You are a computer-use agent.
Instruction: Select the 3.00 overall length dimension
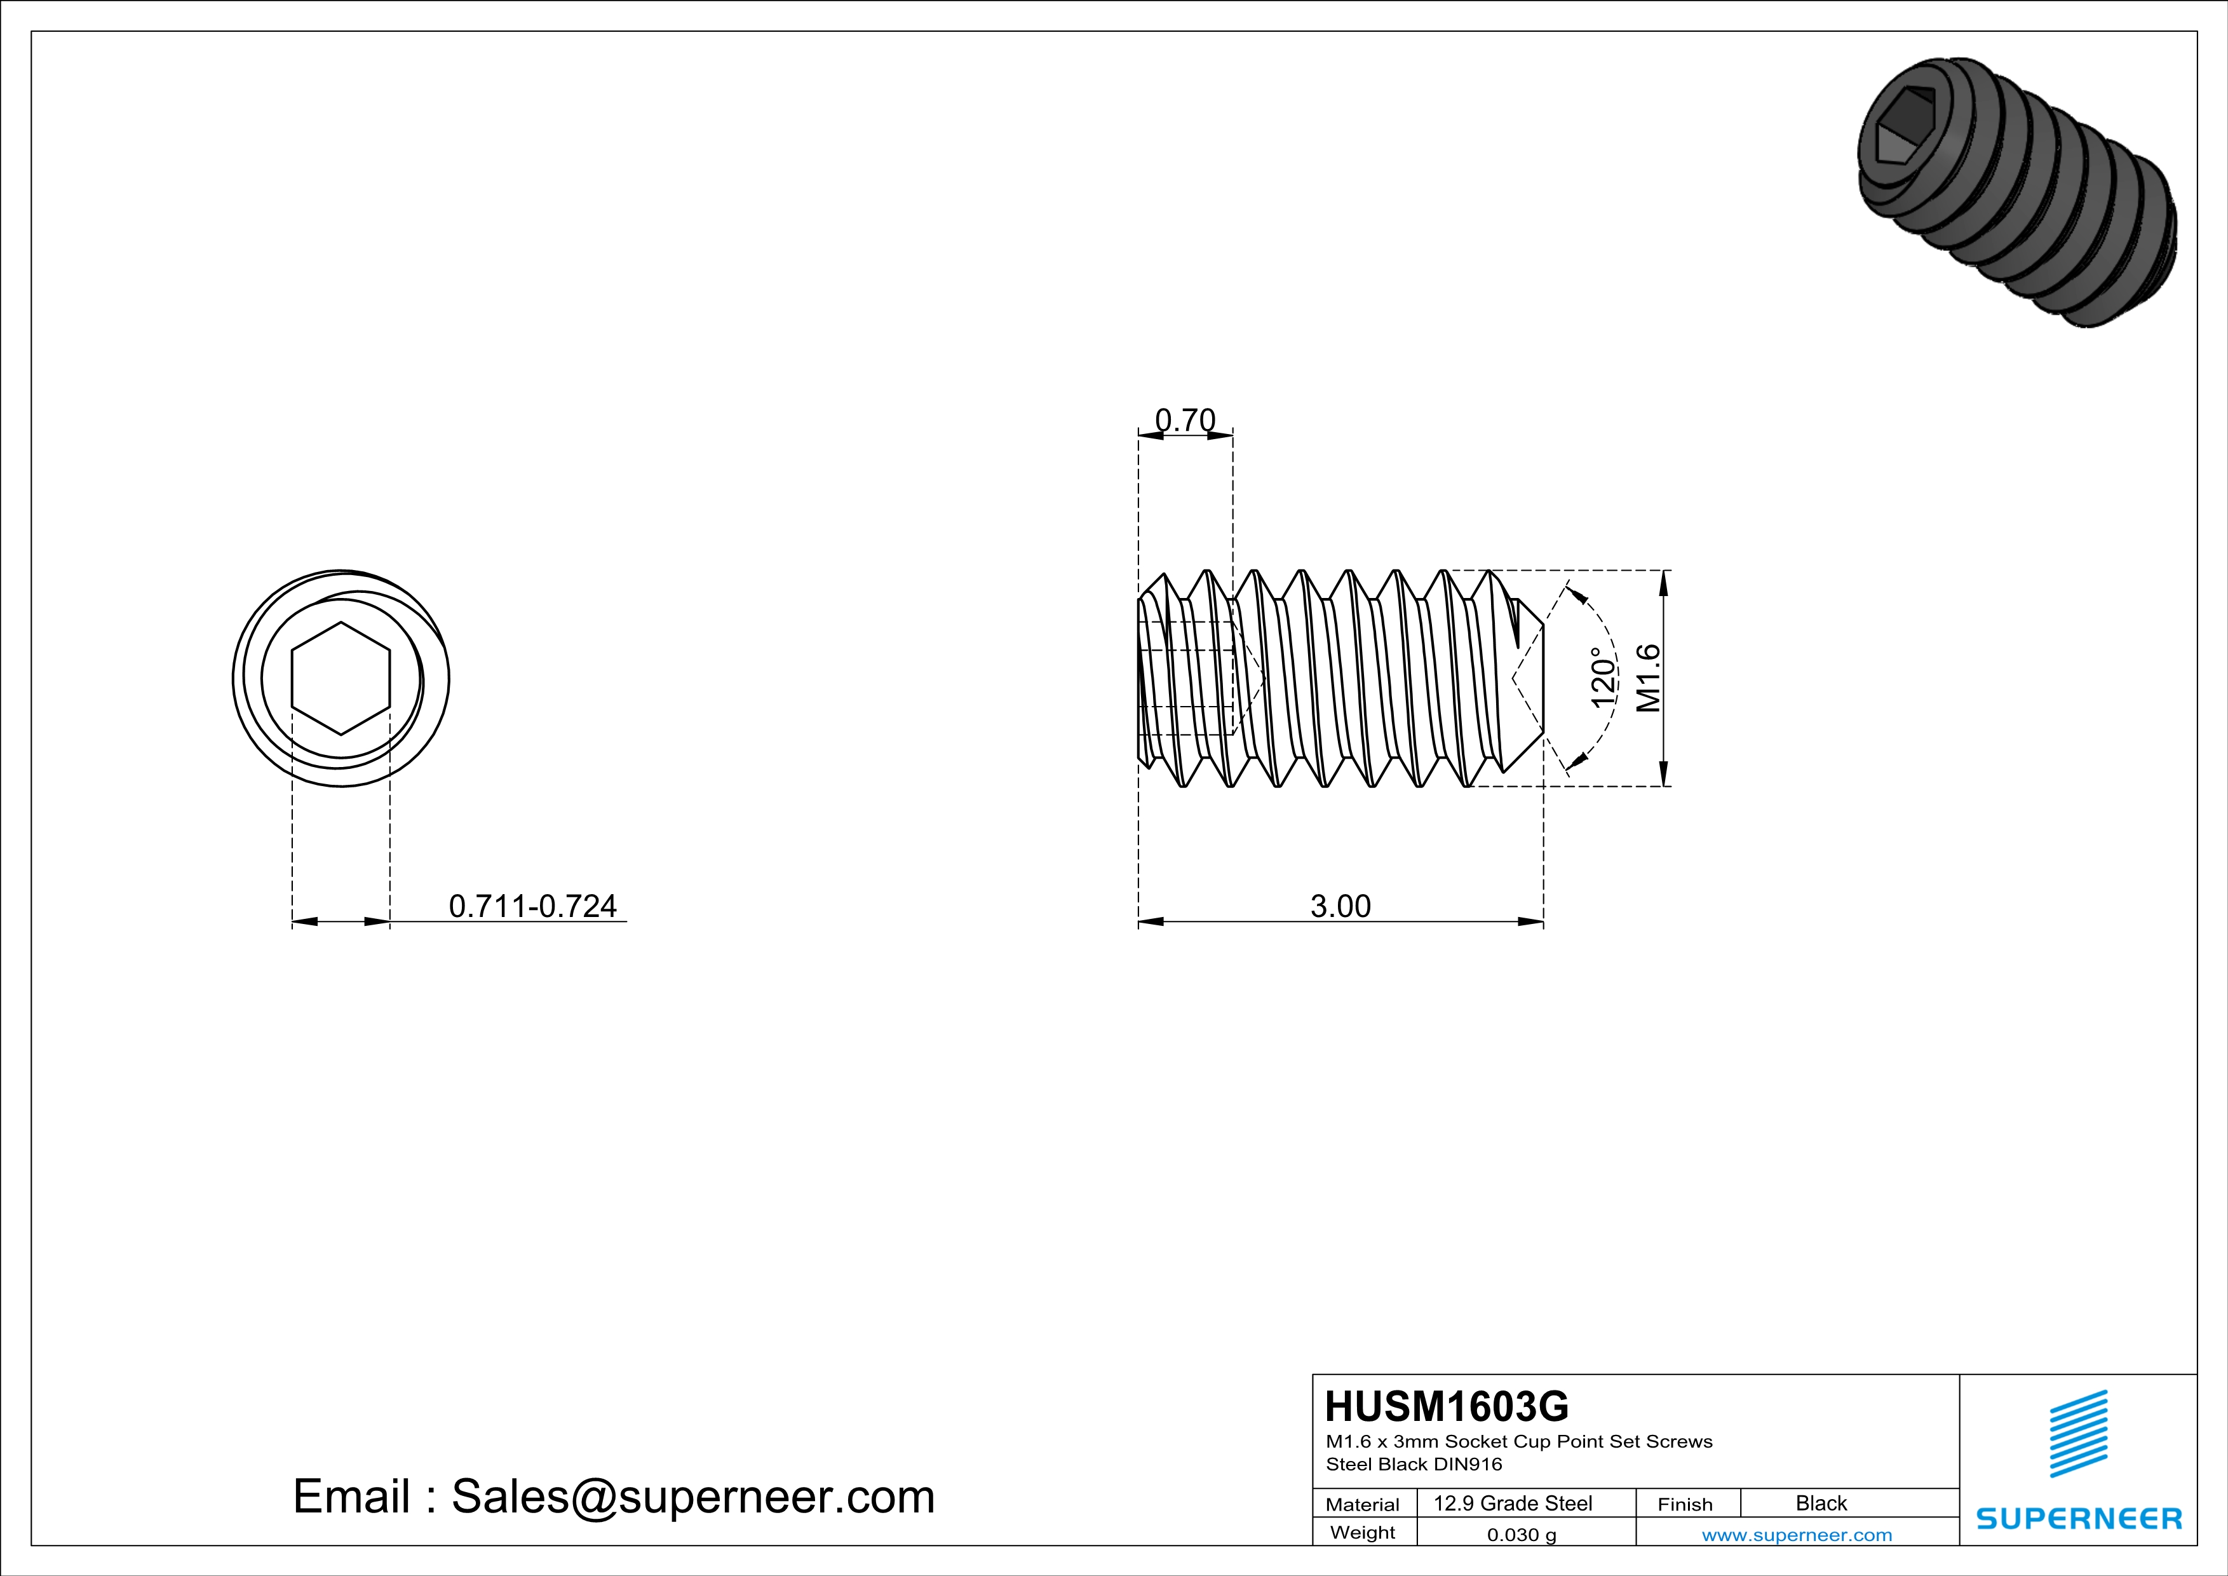1340,906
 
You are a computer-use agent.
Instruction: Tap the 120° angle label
1603,677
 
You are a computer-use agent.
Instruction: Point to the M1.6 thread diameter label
1649,677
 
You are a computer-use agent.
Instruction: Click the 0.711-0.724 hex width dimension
532,906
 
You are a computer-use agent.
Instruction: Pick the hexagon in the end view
341,677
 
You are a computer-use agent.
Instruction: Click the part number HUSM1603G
1446,1406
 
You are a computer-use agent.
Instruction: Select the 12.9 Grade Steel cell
1513,1503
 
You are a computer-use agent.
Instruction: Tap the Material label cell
1363,1504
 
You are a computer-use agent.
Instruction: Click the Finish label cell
1685,1504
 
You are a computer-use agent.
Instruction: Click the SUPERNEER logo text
2079,1519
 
